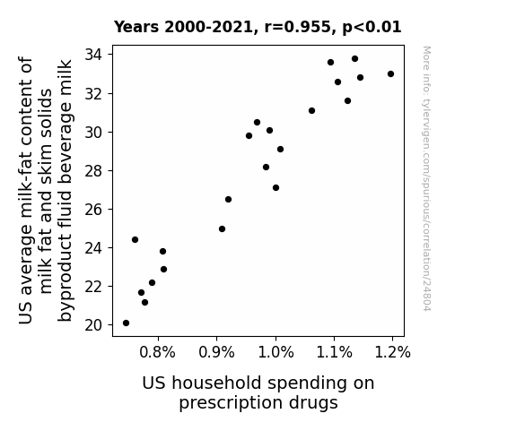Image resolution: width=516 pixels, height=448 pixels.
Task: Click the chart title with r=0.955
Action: point(258,27)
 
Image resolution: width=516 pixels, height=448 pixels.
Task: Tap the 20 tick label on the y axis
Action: point(94,325)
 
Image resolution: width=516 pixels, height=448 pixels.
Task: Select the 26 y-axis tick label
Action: point(94,210)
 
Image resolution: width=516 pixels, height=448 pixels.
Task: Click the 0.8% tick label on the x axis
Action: point(157,352)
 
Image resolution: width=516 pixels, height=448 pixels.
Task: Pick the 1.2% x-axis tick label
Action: point(392,352)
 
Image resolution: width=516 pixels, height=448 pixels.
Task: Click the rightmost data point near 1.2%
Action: point(390,74)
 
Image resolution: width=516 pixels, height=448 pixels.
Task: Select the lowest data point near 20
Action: point(126,323)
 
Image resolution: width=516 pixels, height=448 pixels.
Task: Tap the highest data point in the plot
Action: point(354,59)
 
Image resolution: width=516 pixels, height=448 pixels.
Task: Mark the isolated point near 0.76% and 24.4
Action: point(135,239)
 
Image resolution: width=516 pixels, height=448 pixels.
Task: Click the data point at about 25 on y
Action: point(223,228)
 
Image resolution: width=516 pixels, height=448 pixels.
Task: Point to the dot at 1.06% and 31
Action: point(311,110)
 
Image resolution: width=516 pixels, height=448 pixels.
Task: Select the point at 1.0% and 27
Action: point(275,187)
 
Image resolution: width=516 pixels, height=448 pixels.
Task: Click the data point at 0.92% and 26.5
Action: point(228,199)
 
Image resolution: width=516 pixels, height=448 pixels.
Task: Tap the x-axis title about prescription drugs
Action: point(258,392)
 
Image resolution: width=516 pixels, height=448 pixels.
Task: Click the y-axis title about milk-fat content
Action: point(46,191)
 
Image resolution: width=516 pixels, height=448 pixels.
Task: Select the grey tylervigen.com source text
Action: point(426,178)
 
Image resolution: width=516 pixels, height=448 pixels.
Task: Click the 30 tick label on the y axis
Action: point(94,133)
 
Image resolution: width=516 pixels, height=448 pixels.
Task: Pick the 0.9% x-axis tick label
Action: point(216,352)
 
